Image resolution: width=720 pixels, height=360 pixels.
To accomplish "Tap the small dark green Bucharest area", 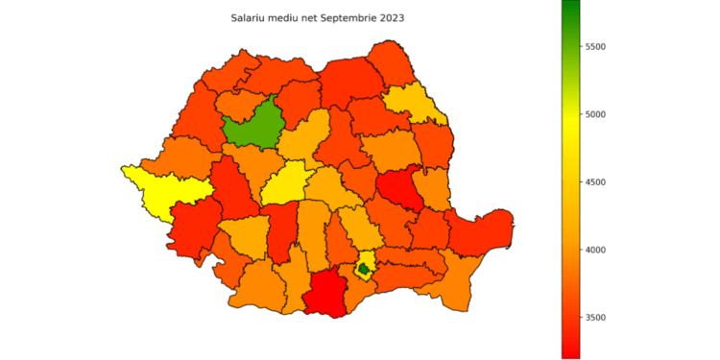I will click(364, 270).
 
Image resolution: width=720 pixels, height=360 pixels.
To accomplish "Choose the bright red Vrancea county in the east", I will click(398, 188).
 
